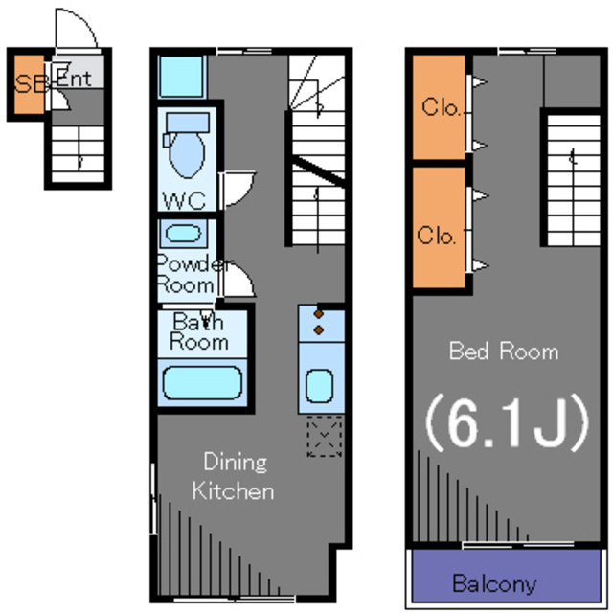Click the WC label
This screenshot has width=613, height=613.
[184, 200]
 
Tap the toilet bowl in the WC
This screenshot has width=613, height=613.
[187, 155]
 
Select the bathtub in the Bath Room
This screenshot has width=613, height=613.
[202, 383]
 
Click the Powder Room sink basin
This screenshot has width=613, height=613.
[183, 234]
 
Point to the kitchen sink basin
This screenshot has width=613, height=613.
[319, 386]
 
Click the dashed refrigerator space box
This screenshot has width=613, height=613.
[324, 437]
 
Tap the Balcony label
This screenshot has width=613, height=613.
[494, 583]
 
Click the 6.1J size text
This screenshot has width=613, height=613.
[507, 421]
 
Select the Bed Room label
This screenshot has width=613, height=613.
[504, 351]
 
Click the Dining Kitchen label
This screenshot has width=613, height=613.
[234, 476]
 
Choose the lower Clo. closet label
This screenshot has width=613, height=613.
[437, 236]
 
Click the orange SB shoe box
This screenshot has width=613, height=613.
[30, 84]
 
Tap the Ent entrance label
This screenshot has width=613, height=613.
[75, 79]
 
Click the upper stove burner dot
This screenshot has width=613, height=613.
[319, 314]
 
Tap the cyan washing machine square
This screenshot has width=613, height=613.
[182, 76]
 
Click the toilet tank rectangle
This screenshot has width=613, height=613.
[188, 123]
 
